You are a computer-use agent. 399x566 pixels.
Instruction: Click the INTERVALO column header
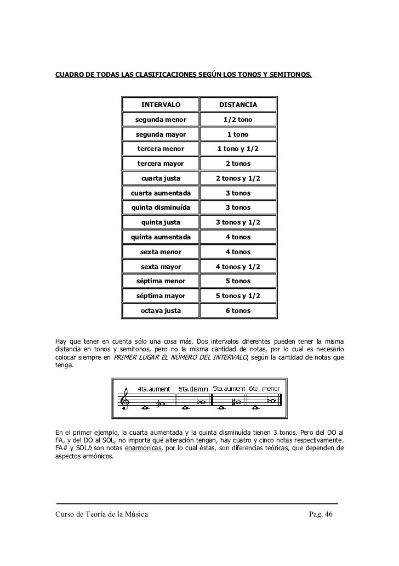click(161, 105)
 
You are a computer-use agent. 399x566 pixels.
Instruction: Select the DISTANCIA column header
click(238, 105)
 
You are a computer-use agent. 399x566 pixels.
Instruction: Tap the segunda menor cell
click(161, 120)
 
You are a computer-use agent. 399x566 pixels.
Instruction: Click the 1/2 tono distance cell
click(238, 120)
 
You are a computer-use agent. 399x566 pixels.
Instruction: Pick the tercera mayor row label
click(161, 164)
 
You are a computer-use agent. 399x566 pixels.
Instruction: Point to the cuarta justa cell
click(161, 178)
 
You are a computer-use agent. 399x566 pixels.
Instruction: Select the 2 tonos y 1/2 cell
click(238, 178)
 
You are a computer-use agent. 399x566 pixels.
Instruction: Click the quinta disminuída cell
click(161, 208)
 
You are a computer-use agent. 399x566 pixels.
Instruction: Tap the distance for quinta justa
click(238, 222)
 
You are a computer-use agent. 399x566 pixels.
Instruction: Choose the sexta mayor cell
click(161, 266)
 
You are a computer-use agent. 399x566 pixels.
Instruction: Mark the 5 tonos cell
click(238, 281)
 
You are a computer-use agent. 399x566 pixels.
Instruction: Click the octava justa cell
click(161, 311)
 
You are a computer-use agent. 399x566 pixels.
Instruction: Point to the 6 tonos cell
click(238, 311)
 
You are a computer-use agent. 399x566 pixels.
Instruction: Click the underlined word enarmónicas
click(142, 448)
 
